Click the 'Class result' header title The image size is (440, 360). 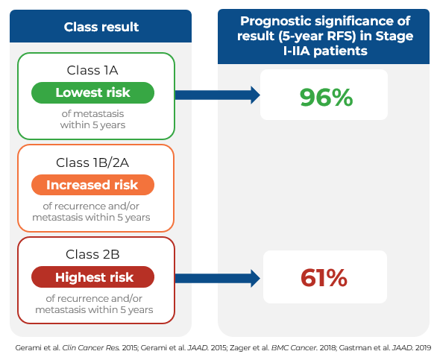(x=101, y=27)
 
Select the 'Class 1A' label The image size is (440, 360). (x=92, y=70)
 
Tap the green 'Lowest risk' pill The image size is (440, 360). (x=92, y=93)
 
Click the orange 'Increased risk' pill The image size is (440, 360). (x=92, y=185)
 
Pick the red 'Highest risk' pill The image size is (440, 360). (x=92, y=277)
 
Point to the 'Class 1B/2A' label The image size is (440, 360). (x=92, y=162)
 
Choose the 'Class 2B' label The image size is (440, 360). (x=92, y=254)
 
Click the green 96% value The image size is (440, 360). (x=326, y=98)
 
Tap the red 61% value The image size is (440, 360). (x=324, y=278)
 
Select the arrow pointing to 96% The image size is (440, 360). (x=218, y=95)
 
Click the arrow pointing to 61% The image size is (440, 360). (x=218, y=279)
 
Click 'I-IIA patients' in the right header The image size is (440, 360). (x=325, y=51)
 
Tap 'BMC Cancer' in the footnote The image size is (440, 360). (x=293, y=348)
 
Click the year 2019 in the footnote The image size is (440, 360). (x=423, y=348)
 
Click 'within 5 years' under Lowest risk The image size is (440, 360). (x=92, y=124)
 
